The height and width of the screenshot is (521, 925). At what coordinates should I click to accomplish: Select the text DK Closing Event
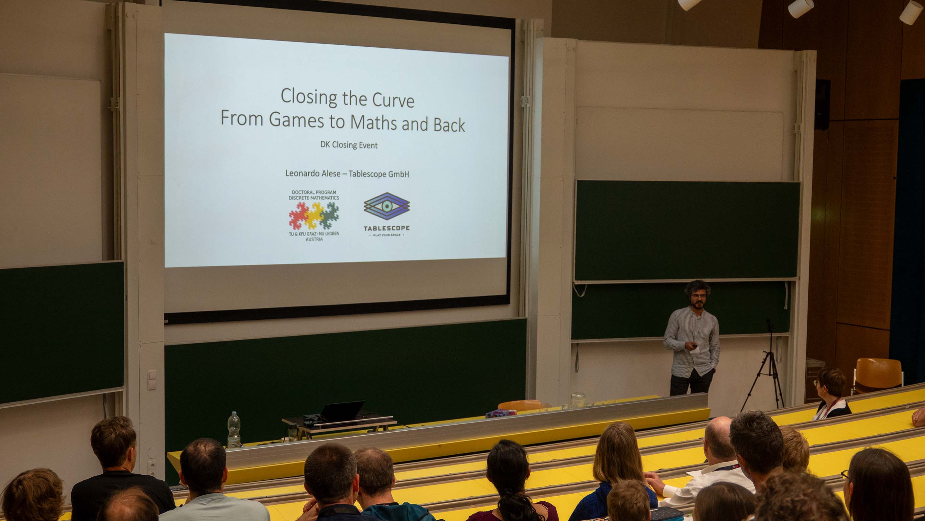tap(349, 145)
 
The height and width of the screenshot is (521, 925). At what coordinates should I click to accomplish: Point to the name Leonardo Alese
tap(313, 173)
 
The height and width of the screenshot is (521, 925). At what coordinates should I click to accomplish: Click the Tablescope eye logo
tap(387, 206)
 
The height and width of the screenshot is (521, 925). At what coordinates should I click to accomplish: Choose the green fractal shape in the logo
tap(330, 215)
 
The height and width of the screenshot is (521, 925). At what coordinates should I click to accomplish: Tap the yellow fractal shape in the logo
tap(314, 215)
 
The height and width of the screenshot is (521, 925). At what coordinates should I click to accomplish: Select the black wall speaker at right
tap(822, 104)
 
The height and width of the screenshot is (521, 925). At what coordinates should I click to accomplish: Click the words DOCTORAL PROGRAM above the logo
tap(314, 192)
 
